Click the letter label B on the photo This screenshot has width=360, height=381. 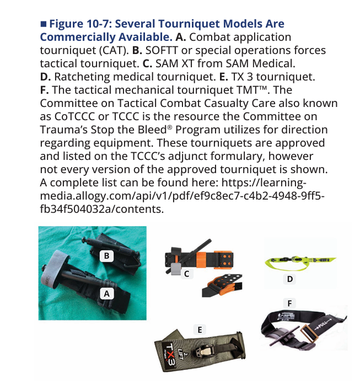click(x=106, y=256)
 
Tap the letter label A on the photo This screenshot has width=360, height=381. click(x=106, y=294)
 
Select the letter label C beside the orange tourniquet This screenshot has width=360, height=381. click(x=186, y=274)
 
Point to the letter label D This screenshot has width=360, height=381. click(x=290, y=279)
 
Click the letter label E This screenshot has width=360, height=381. click(x=200, y=330)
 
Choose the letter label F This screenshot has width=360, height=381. click(x=289, y=303)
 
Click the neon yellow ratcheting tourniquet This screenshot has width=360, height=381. click(x=300, y=262)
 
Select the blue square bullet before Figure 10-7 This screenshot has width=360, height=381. click(x=44, y=24)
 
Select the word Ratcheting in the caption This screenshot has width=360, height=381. click(x=82, y=77)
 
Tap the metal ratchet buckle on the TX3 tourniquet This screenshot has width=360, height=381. click(x=204, y=350)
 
